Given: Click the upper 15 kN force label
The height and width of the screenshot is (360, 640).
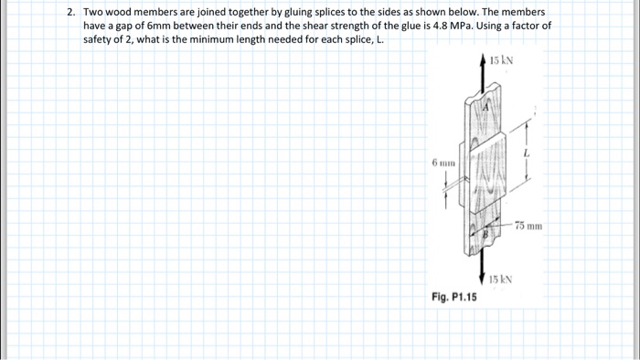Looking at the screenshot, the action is [501, 60].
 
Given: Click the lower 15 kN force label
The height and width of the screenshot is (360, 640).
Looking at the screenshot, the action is [501, 280].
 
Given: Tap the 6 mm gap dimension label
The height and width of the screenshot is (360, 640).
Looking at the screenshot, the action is [443, 163].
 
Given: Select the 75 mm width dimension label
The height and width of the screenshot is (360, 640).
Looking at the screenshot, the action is [528, 226].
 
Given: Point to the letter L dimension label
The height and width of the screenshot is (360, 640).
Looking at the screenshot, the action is [527, 154].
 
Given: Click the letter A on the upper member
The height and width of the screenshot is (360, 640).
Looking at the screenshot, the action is [485, 108].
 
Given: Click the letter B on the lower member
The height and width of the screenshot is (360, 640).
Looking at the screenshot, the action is [485, 235].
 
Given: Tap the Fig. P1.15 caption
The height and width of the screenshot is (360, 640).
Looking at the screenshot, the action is [453, 297].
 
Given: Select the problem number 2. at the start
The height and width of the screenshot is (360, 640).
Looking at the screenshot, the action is [71, 12].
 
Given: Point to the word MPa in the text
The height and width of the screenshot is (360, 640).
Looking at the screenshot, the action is [462, 26].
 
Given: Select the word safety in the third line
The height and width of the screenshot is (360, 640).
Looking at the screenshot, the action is [97, 39].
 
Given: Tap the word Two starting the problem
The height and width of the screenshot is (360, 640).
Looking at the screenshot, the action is [93, 12].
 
